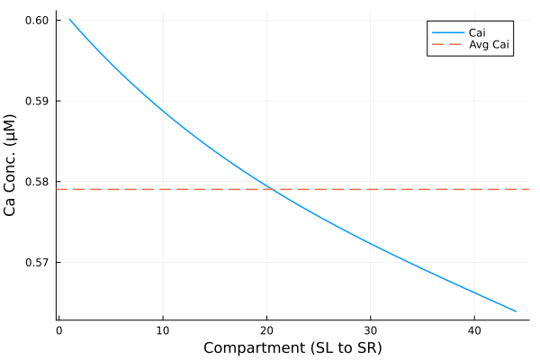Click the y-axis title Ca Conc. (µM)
(12, 164)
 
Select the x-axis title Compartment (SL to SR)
(292, 348)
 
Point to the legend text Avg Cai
(490, 46)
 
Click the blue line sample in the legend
(446, 32)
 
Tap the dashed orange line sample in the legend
(446, 46)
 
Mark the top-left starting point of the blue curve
(69, 19)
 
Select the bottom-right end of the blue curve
(516, 311)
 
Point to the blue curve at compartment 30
(371, 244)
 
